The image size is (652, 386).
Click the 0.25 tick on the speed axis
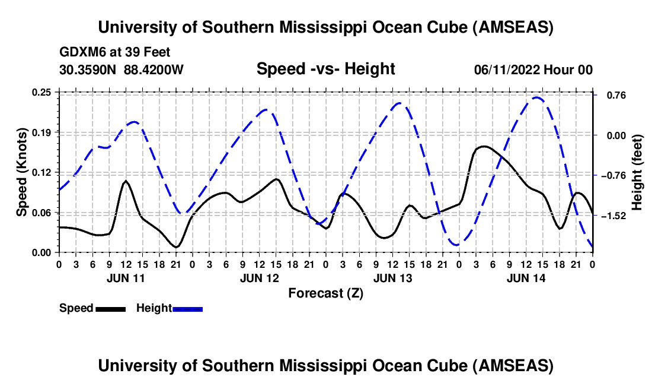[x=46, y=92]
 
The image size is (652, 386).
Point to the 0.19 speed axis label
[x=46, y=132]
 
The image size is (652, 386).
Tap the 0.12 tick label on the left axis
[x=46, y=172]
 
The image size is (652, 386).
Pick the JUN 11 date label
[x=124, y=278]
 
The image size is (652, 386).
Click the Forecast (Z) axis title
[x=325, y=293]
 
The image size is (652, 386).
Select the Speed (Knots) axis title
[x=21, y=172]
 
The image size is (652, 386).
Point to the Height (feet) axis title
[x=637, y=172]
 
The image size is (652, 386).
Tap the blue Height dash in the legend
[x=187, y=308]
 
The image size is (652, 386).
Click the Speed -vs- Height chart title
[x=325, y=69]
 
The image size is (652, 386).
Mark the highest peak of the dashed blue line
[x=536, y=97]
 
